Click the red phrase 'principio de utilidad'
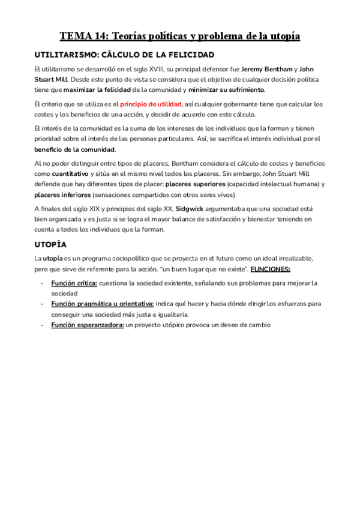pos(151,104)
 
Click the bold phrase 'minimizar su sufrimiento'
pos(226,90)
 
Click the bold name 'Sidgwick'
pos(190,208)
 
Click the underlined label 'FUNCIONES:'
pos(271,268)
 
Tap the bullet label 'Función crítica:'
pos(73,283)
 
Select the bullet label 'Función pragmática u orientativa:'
pos(103,304)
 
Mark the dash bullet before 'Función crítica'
pos(41,283)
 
